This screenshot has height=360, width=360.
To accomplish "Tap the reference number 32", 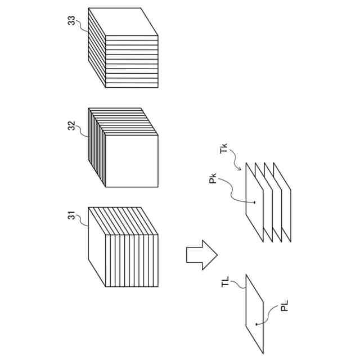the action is [71, 125].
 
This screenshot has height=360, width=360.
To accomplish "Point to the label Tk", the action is [224, 151].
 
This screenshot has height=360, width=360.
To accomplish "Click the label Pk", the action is [213, 183].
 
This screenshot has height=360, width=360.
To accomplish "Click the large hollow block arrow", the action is [201, 255].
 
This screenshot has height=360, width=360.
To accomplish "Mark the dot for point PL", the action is [256, 325].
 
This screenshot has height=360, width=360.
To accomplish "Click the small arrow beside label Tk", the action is [241, 165].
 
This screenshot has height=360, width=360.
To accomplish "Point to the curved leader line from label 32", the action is [82, 131].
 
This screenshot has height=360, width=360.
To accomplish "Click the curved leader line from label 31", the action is [83, 220].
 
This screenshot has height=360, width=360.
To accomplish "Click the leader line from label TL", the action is [239, 286].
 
